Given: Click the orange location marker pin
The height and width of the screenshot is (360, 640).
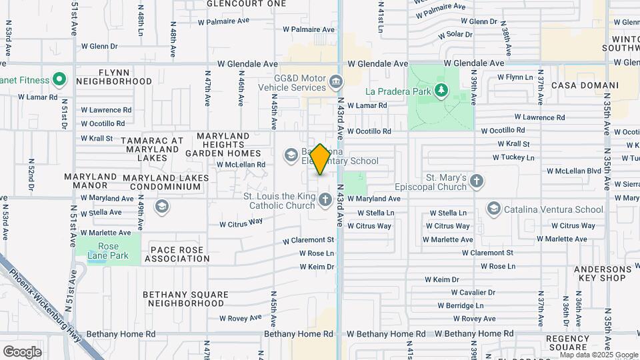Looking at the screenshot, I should pos(320,159).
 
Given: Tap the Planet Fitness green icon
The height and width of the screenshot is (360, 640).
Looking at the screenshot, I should pos(59,80).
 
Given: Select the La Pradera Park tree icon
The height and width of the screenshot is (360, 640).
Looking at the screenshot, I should pos(440,90).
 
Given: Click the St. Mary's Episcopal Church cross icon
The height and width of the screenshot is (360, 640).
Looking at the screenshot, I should pos(476,180).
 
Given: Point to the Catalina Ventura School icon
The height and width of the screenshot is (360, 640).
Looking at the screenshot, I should pos(494,209).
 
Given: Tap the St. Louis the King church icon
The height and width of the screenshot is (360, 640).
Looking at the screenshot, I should pos(325,199).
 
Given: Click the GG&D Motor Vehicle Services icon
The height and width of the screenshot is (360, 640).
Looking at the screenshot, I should pos(336,82).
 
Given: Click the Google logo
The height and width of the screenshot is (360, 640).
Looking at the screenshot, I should pos(22,351).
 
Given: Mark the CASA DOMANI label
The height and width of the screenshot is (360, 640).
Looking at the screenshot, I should pos(585,86).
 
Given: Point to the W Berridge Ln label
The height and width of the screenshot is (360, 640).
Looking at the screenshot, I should pos(461,305).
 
